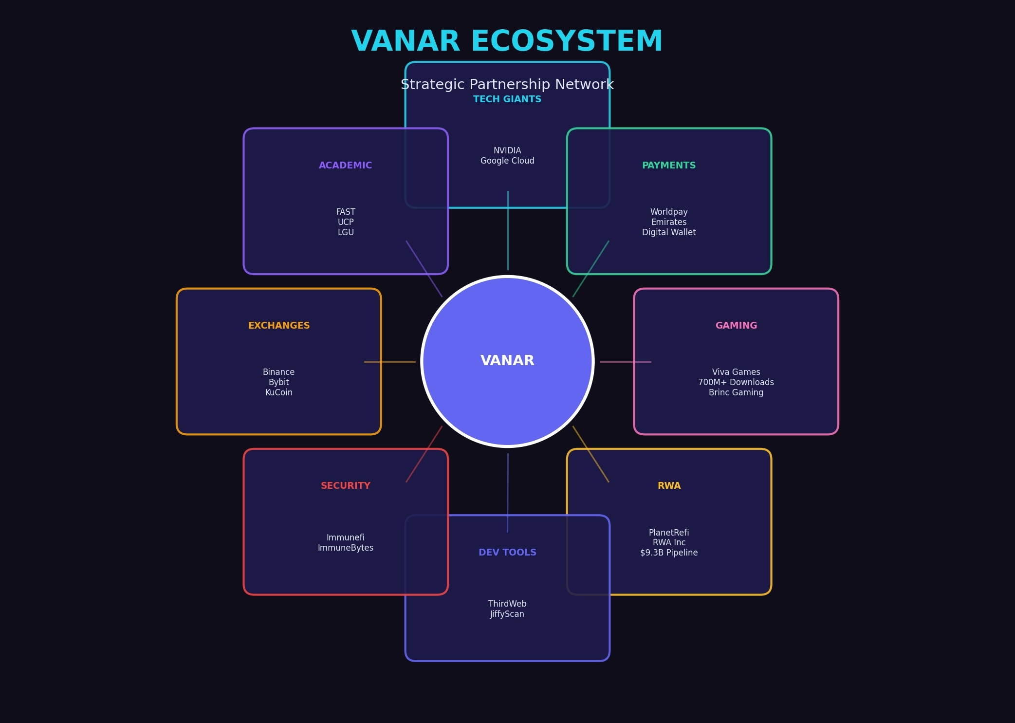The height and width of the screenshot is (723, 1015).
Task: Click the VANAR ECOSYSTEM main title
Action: pos(507,41)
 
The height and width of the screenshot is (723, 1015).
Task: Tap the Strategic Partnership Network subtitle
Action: pos(507,85)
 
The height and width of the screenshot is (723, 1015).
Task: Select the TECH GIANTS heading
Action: pos(507,99)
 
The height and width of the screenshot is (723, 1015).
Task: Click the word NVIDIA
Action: pos(507,150)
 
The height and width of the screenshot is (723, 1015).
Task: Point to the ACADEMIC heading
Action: pos(345,166)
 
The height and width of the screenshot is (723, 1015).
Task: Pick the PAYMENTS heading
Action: pos(668,166)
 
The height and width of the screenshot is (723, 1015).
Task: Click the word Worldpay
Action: pos(668,212)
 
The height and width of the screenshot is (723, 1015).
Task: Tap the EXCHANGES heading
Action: pos(278,326)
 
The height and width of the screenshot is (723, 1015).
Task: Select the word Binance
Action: pos(278,372)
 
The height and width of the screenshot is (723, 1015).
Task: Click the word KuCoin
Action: pos(278,392)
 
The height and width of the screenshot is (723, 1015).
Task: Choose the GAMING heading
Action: pos(736,326)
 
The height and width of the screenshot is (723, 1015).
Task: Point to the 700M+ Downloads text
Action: pos(736,382)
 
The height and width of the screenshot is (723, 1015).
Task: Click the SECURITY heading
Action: pos(345,486)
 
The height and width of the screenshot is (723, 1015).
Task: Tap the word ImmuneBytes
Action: pos(345,548)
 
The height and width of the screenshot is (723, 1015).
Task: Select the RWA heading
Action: pos(668,486)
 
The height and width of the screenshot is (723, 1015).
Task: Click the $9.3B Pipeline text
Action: pos(668,553)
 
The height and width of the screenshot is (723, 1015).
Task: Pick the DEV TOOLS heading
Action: pos(507,553)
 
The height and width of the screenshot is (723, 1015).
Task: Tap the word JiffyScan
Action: pos(507,614)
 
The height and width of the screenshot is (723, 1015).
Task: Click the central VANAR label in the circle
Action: pos(507,361)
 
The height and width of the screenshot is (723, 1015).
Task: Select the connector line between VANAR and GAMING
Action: pos(625,362)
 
